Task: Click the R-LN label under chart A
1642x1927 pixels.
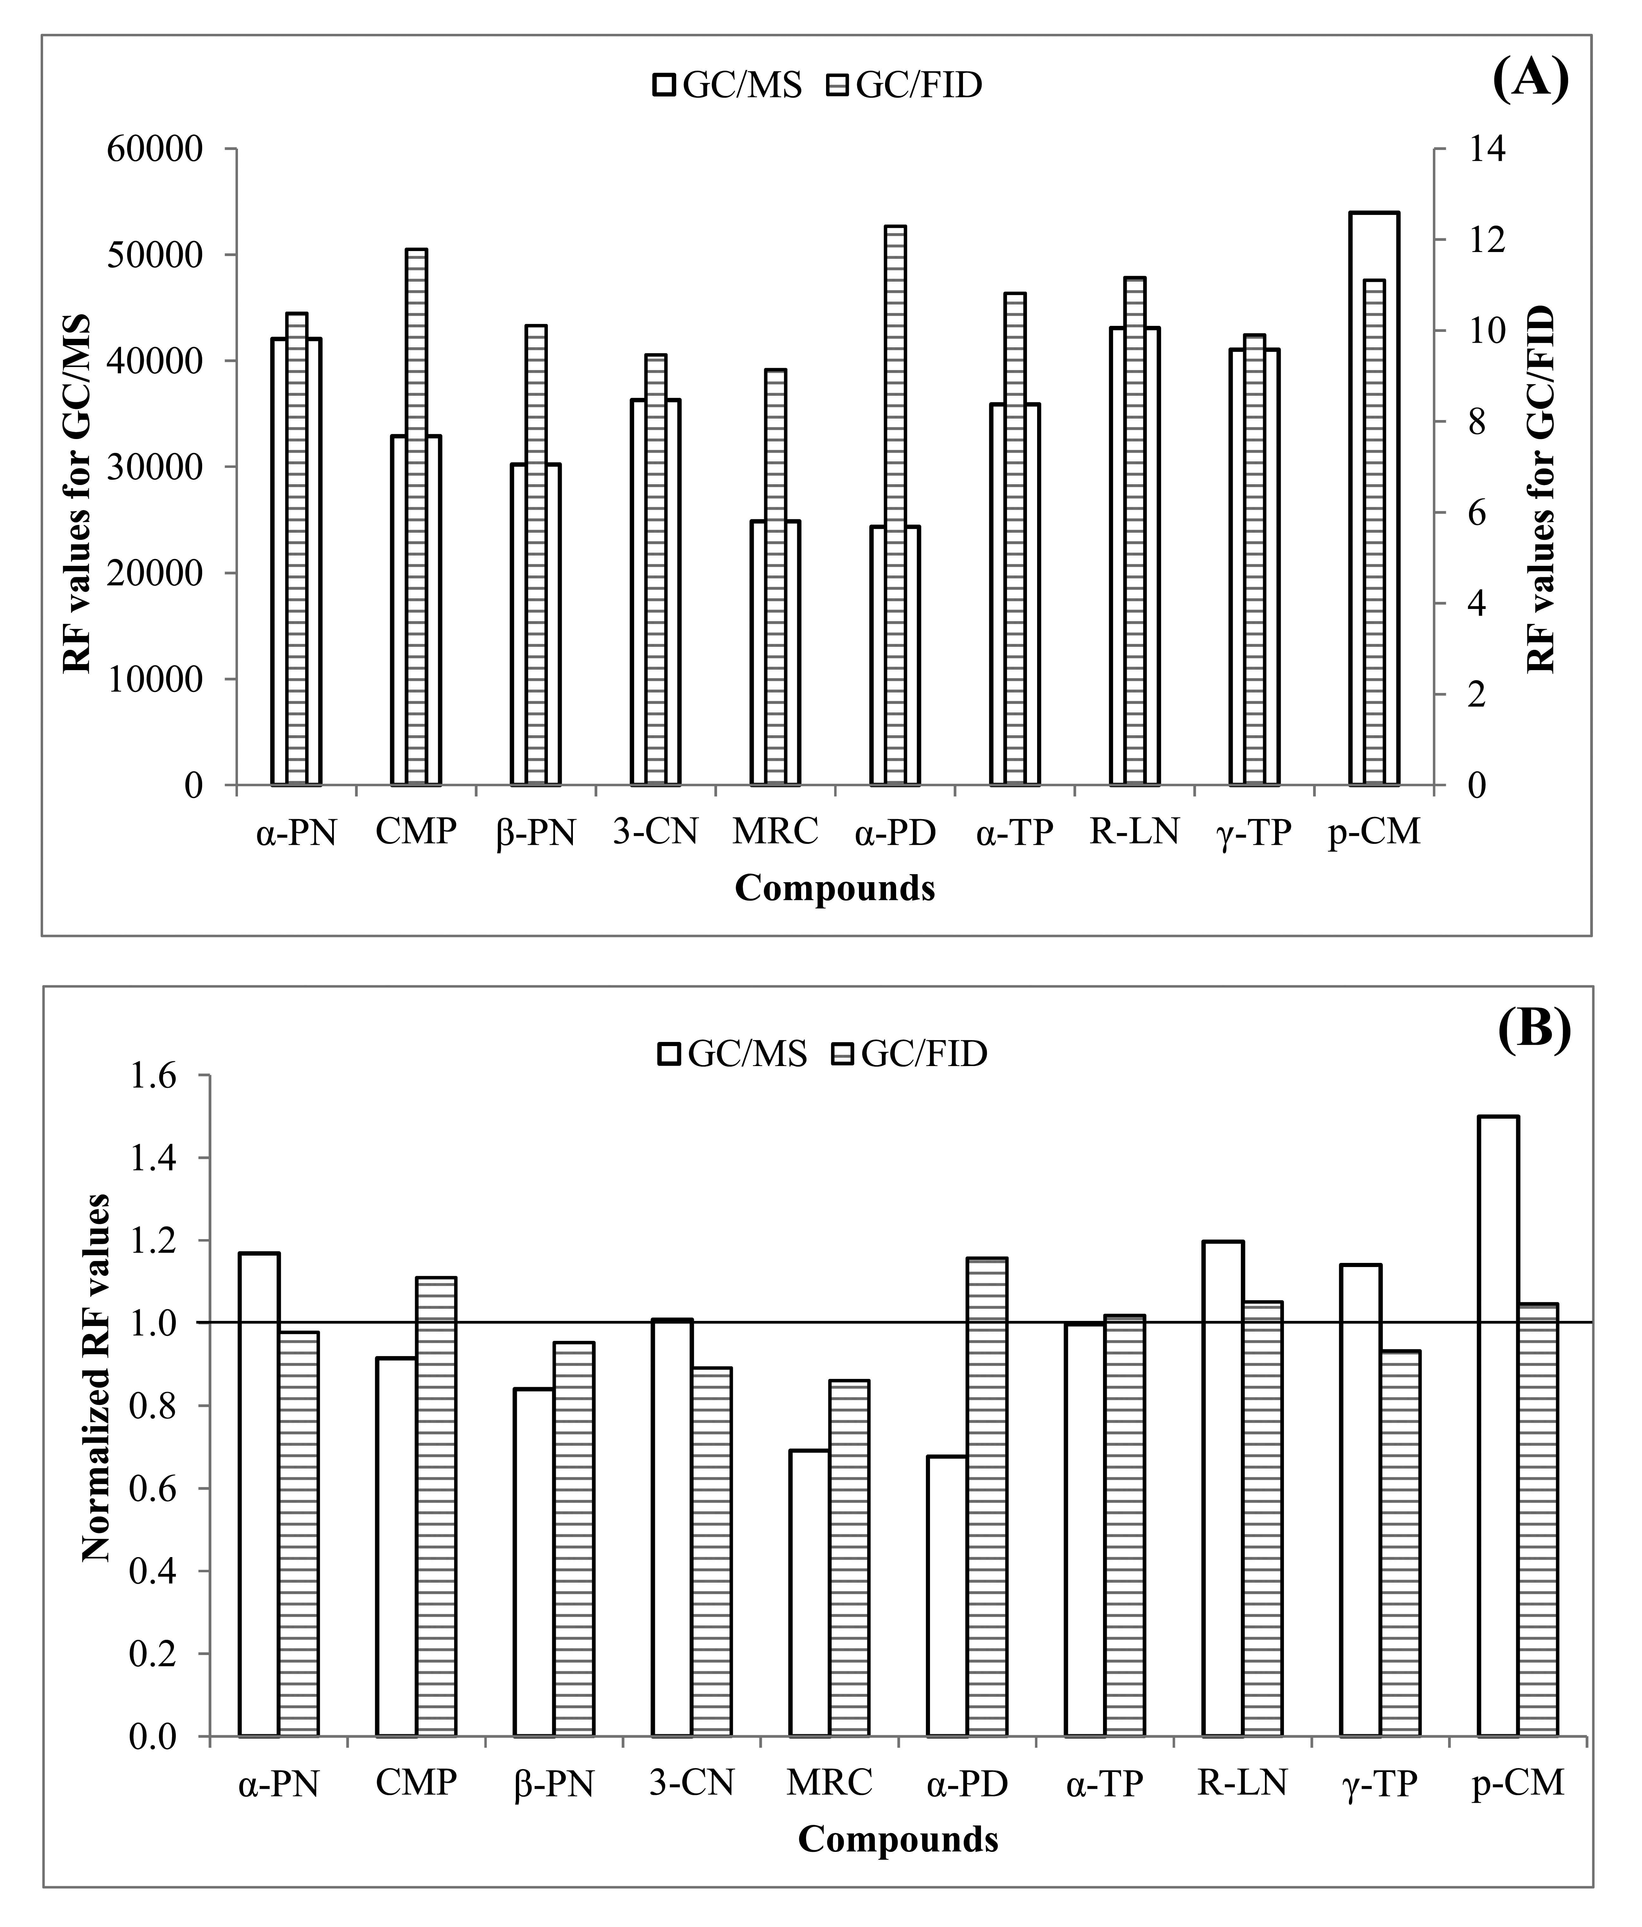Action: (1134, 831)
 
